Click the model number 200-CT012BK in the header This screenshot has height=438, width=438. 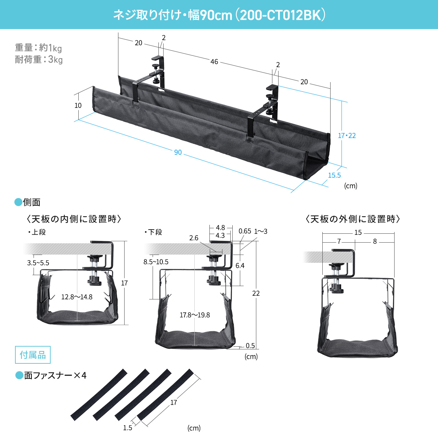coord(280,15)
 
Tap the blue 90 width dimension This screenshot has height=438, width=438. coord(178,153)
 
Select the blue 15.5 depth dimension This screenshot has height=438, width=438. coord(334,176)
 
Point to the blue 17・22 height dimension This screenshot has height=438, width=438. coord(347,136)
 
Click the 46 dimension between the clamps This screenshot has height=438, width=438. coord(214,62)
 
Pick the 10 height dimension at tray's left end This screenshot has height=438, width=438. coord(78,106)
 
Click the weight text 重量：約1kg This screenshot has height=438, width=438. coord(38,48)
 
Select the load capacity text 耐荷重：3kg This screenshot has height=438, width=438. coord(39,60)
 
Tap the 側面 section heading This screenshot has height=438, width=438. coord(31,203)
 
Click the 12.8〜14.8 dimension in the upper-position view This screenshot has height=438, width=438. coord(77,297)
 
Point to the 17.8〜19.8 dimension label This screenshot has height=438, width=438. coord(195,315)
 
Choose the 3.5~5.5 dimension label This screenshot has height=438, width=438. coord(38,263)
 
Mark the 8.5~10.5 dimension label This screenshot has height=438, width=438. coord(156,262)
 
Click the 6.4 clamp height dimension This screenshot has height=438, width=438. coord(240,266)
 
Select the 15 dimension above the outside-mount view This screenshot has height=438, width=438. coord(358,233)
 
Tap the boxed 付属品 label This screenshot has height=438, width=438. coord(33,355)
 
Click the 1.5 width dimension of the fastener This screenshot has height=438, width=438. coord(128,428)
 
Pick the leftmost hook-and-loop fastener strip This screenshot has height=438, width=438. coord(99,395)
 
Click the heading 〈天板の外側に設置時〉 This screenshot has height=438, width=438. coord(353,219)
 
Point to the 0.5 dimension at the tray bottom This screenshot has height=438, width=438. coord(250,346)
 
